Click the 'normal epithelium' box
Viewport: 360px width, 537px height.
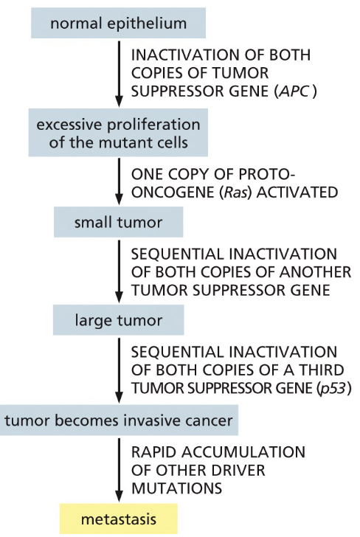118,23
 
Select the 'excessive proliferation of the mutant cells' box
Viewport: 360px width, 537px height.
118,133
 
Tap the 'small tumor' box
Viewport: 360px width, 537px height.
118,222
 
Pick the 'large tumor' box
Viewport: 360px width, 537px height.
118,320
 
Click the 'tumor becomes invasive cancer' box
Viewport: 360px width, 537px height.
119,420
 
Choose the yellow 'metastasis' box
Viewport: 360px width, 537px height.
119,519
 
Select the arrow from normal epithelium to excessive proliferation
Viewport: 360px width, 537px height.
119,74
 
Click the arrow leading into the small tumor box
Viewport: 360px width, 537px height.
119,181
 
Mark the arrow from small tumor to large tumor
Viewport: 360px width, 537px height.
119,271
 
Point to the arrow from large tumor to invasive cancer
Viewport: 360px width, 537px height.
119,370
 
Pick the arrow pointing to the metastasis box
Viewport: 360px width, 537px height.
119,470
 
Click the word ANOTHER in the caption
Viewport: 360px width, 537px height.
315,272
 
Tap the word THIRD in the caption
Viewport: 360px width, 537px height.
322,370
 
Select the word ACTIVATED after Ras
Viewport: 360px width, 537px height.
297,193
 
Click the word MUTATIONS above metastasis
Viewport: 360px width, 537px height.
177,488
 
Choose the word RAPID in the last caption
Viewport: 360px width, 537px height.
153,452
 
